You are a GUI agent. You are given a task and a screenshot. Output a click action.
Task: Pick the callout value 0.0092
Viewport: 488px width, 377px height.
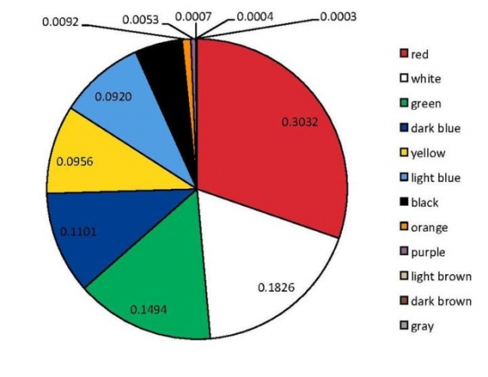[59, 22]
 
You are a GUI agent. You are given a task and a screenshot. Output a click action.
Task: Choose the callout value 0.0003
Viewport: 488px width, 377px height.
[338, 16]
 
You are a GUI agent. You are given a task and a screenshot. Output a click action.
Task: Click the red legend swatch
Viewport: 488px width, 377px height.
[404, 53]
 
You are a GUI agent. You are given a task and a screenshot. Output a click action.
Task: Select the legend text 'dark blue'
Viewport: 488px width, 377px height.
[435, 128]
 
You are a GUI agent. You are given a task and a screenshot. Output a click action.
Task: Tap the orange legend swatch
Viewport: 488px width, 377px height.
[404, 227]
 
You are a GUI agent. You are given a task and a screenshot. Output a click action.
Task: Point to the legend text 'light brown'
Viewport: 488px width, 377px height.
[441, 276]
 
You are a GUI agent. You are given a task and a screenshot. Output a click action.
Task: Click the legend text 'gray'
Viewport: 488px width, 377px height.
[422, 326]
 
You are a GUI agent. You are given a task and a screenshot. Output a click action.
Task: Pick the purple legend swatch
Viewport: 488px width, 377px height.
[404, 251]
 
